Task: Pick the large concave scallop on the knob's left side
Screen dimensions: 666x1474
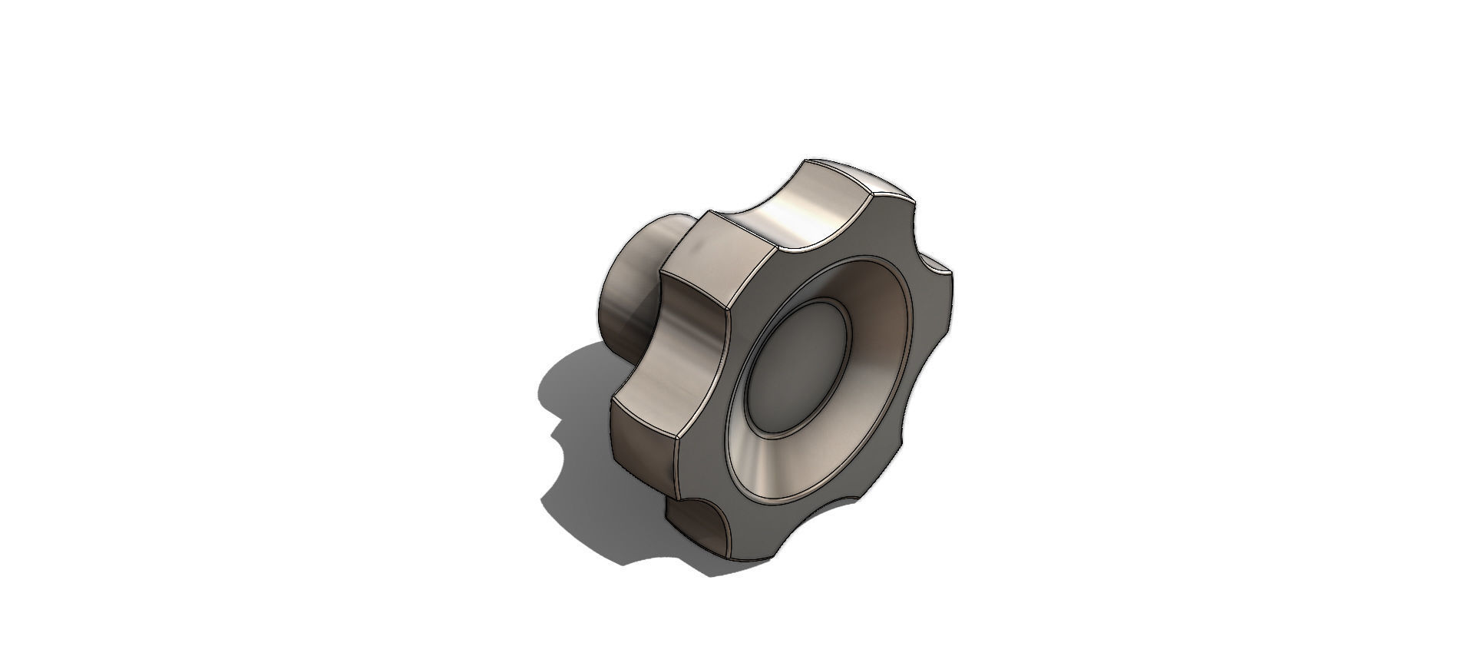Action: coord(676,353)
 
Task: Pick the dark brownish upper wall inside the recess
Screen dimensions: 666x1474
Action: coord(883,307)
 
